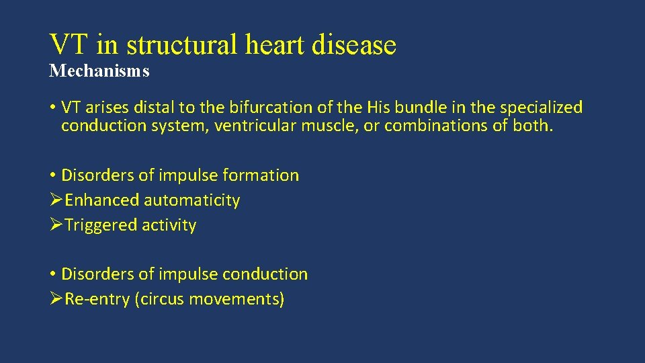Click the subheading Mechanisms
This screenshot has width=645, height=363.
tap(99, 71)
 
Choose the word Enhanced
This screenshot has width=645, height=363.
tap(102, 200)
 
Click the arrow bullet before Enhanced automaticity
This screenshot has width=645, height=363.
tap(56, 200)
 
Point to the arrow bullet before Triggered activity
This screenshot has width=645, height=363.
tap(56, 225)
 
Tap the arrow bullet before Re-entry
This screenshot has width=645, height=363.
tap(56, 299)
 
